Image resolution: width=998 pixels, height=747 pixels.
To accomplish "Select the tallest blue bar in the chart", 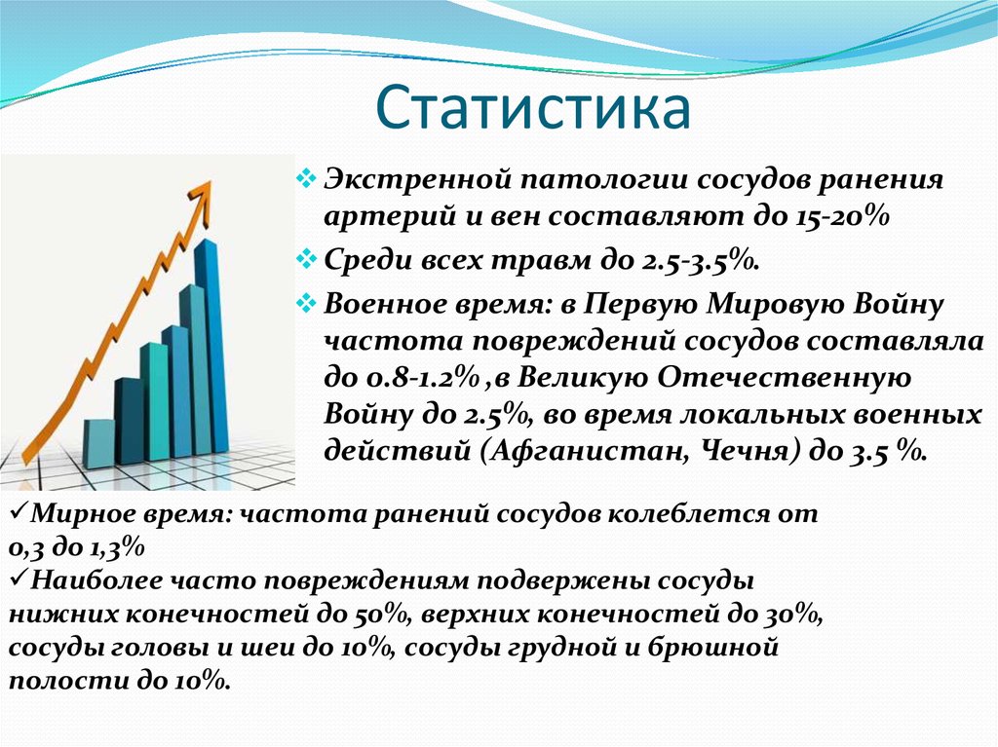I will point(210,346).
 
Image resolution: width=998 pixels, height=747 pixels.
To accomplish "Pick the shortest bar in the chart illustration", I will point(98,444).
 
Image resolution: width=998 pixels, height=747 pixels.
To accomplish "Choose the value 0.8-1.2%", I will point(423,378).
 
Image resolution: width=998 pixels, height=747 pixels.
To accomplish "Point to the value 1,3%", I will point(115,546).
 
